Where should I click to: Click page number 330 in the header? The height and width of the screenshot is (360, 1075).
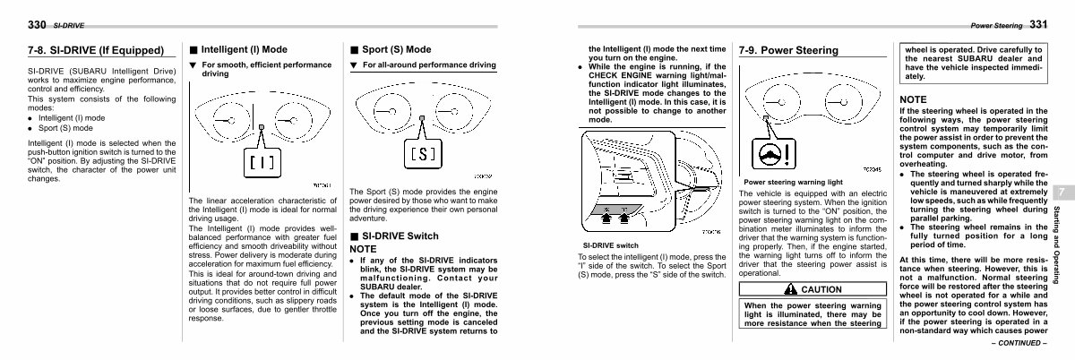point(36,24)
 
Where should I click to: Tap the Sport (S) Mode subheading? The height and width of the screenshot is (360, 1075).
point(395,49)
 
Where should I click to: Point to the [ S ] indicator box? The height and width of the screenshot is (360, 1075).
point(421,152)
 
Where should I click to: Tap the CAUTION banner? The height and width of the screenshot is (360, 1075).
point(811,289)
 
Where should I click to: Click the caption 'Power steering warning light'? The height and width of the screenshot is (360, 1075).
point(794,181)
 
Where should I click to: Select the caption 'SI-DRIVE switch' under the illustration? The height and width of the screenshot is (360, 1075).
point(611,245)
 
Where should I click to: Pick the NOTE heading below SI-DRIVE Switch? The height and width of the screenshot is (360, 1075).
point(363,248)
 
